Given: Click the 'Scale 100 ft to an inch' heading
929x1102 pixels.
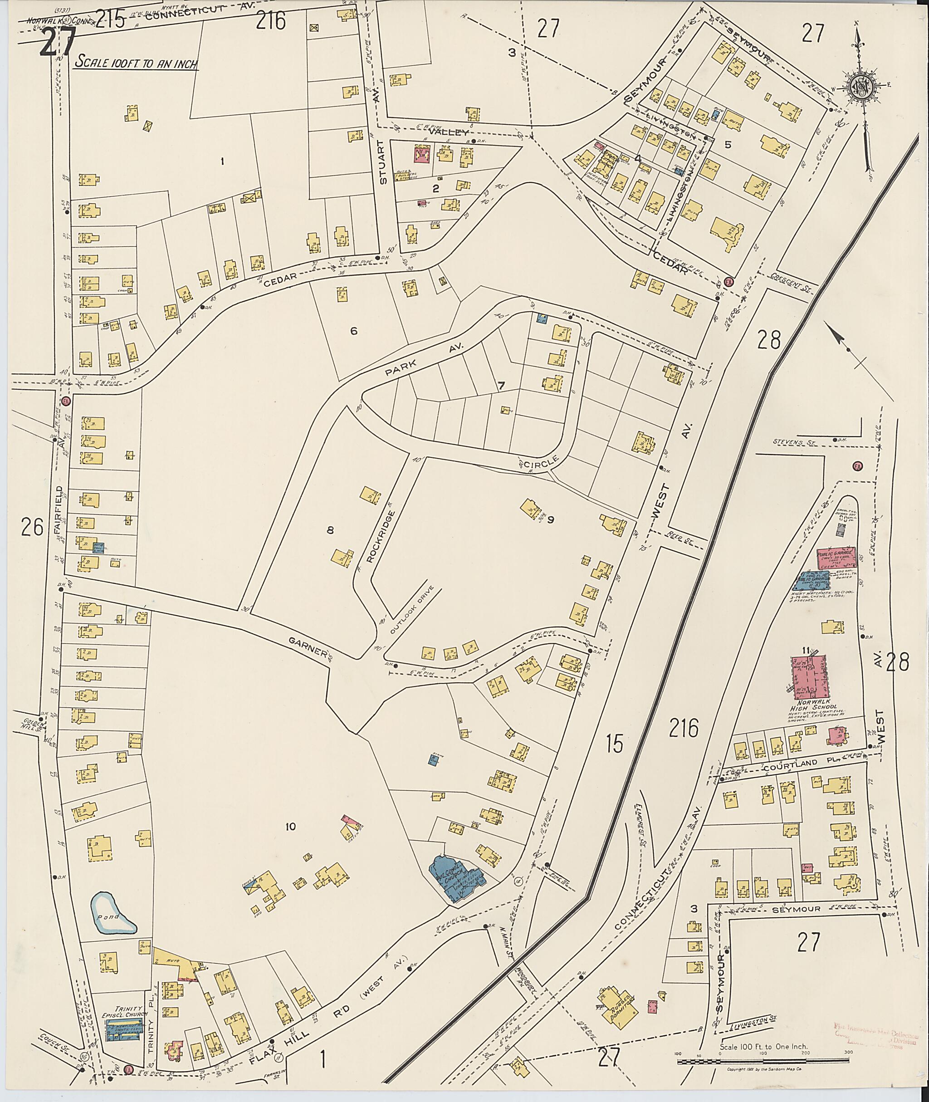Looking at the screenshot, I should pos(136,62).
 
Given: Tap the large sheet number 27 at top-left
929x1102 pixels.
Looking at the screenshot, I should pos(58,42).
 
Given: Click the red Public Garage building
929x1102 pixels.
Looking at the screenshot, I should pos(834,556).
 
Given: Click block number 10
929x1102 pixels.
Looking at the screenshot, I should pos(290,827).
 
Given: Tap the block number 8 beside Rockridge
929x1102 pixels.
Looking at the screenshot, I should pos(330,530).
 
